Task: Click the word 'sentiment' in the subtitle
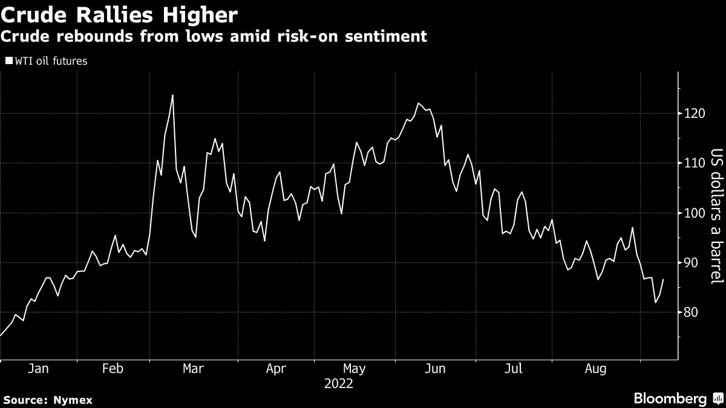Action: tap(386, 36)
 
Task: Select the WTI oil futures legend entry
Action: tap(47, 61)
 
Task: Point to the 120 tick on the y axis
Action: tap(694, 114)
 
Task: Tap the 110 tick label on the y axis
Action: tap(694, 163)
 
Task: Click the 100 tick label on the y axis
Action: tap(694, 213)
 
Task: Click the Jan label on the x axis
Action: tap(38, 369)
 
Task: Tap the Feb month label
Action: tap(113, 369)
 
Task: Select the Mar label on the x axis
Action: tap(193, 369)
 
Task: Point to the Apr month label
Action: tap(276, 369)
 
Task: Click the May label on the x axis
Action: tap(355, 369)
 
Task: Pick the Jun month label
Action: tap(435, 369)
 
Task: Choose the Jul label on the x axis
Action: tap(514, 369)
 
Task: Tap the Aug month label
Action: tap(596, 369)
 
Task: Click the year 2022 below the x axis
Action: tap(339, 384)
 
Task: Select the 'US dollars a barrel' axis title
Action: tap(717, 216)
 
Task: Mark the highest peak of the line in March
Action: tap(172, 96)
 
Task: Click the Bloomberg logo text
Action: tap(670, 398)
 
